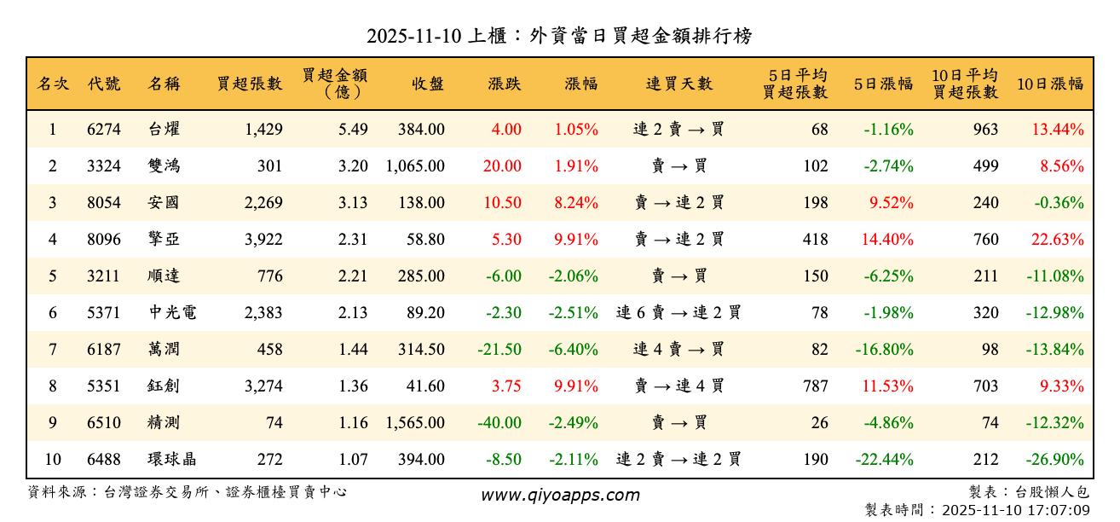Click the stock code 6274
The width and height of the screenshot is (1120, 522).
tap(104, 130)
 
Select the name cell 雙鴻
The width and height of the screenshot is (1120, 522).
tap(164, 166)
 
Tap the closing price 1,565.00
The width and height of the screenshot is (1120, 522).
tap(415, 422)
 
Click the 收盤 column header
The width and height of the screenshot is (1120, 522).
tap(428, 84)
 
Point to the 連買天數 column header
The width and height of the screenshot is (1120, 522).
tap(679, 84)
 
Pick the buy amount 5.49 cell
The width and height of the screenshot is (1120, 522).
tap(352, 130)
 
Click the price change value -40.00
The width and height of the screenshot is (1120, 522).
tap(500, 422)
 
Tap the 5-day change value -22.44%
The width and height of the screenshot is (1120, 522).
tap(885, 459)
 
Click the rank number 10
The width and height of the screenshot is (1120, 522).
tap(53, 459)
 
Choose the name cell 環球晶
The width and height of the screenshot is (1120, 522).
tap(171, 459)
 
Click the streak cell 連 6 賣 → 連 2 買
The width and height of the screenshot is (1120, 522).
tap(679, 313)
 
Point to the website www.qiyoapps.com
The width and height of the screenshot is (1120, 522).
tap(560, 495)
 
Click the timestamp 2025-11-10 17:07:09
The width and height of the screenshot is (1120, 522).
tap(1014, 510)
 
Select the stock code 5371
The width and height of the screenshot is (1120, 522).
tap(104, 313)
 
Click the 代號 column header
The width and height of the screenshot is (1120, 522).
tap(104, 84)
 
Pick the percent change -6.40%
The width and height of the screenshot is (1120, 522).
tap(574, 349)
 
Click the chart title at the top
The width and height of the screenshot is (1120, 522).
tap(559, 36)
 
